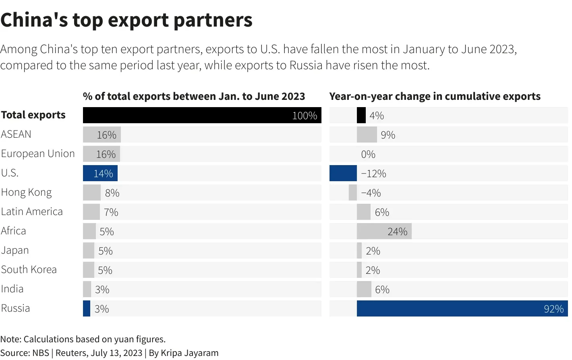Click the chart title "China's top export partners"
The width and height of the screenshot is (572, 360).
126,20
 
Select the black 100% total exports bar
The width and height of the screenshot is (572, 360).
201,115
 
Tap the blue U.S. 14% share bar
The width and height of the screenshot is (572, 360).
100,173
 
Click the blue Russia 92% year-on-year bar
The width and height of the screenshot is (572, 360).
462,308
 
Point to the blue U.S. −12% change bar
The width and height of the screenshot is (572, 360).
343,173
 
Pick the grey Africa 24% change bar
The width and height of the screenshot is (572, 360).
383,231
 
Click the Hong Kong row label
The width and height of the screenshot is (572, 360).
26,192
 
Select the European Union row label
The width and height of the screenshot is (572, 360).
38,154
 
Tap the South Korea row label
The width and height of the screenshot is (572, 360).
29,270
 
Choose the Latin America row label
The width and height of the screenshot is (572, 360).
32,212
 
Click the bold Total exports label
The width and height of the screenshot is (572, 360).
33,115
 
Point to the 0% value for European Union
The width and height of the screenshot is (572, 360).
368,154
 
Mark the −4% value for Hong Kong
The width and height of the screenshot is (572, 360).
371,193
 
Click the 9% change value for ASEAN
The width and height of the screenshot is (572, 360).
388,135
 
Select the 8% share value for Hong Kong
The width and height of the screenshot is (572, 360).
112,193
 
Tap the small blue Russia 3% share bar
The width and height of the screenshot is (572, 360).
86,308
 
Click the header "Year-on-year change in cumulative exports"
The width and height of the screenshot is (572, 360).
435,97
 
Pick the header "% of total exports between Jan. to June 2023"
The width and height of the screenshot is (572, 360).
194,97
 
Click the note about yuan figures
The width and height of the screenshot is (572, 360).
83,339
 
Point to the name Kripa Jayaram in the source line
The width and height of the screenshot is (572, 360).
189,353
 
